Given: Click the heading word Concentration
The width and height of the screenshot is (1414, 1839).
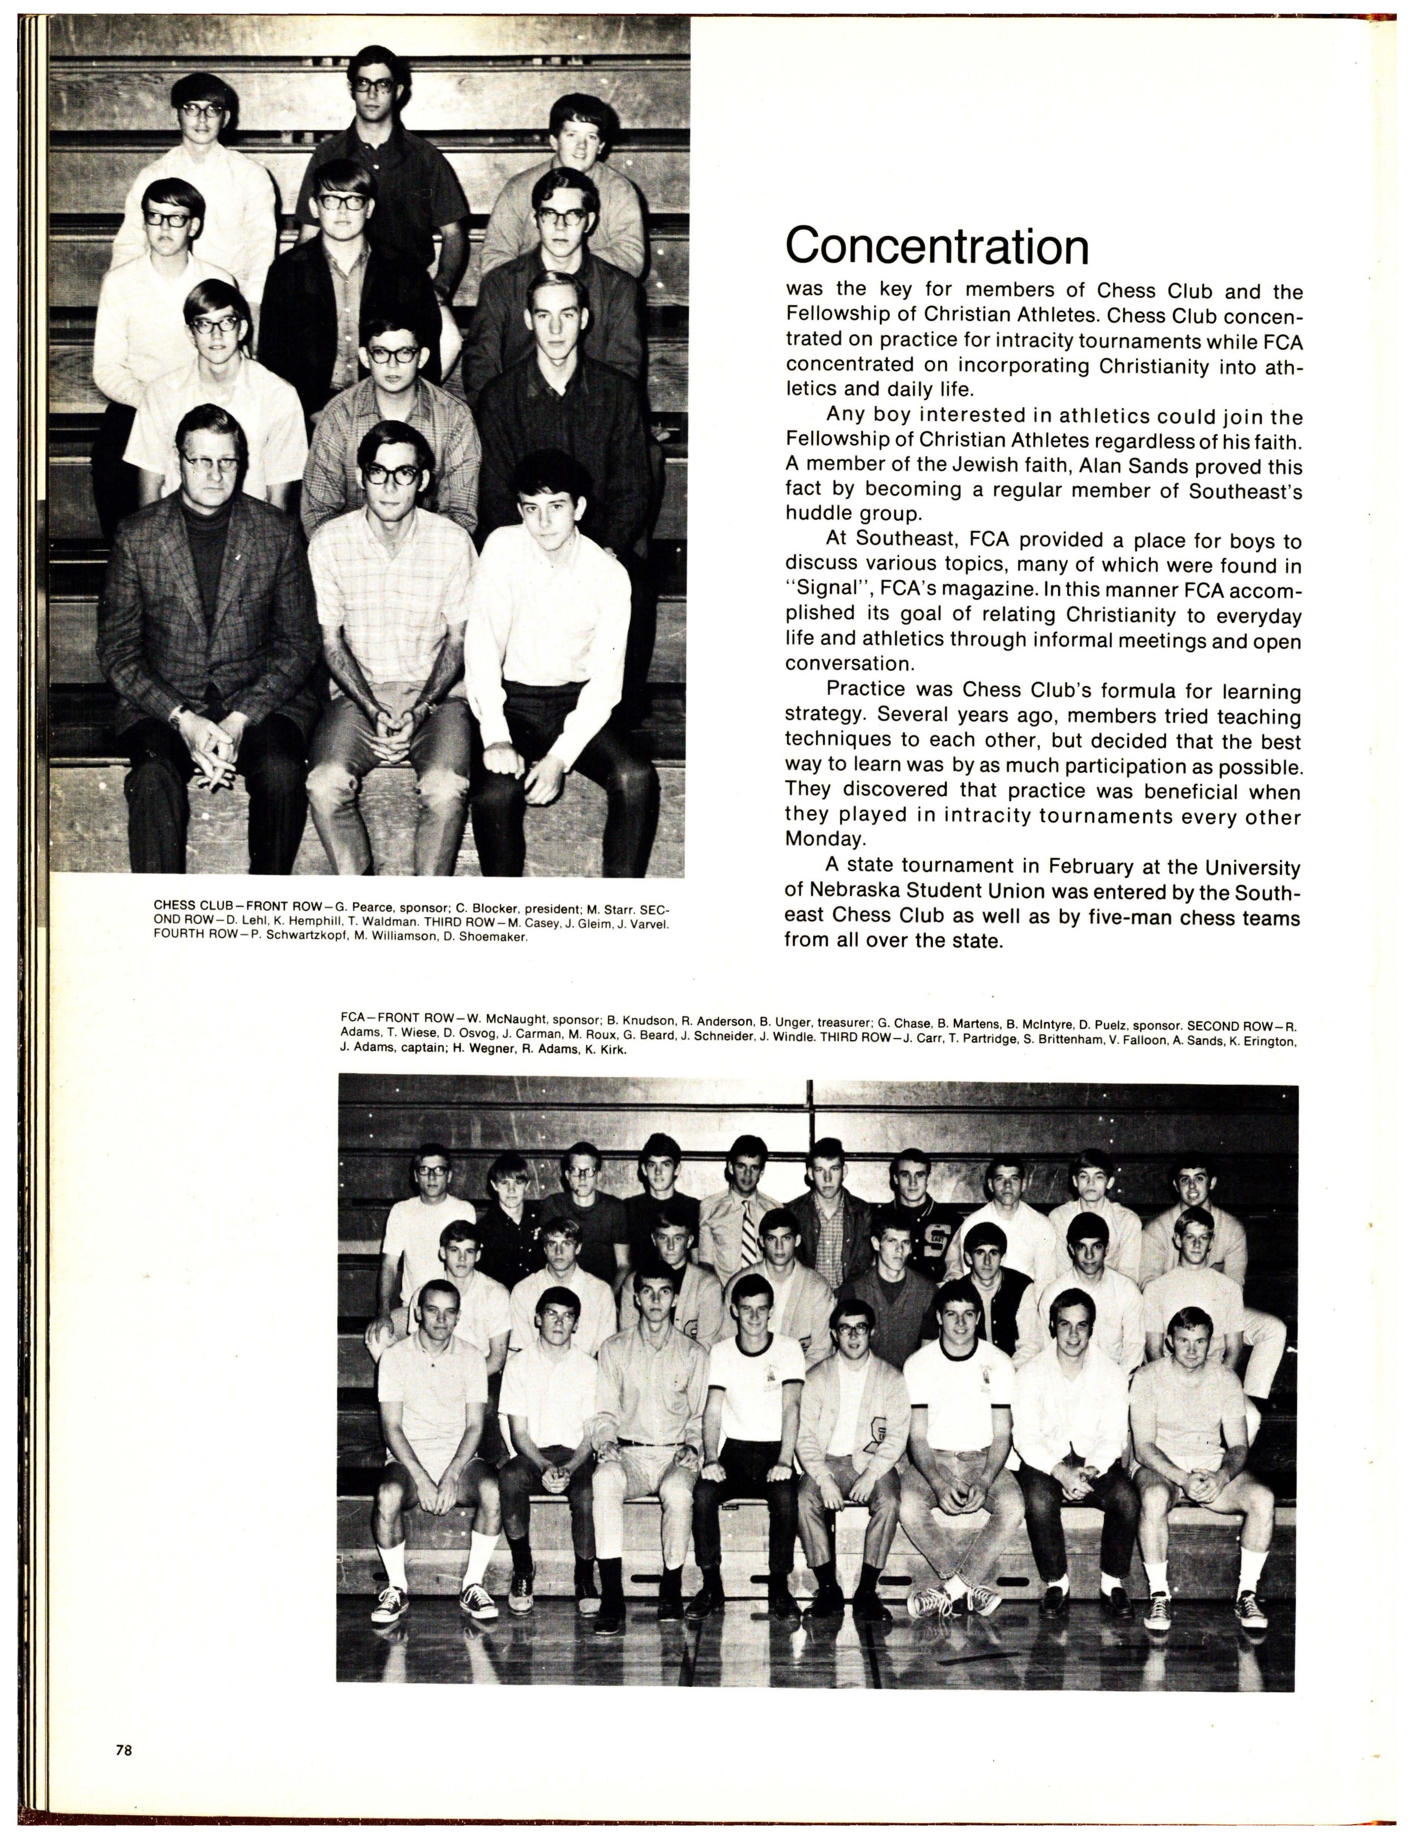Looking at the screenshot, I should coord(937,246).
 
